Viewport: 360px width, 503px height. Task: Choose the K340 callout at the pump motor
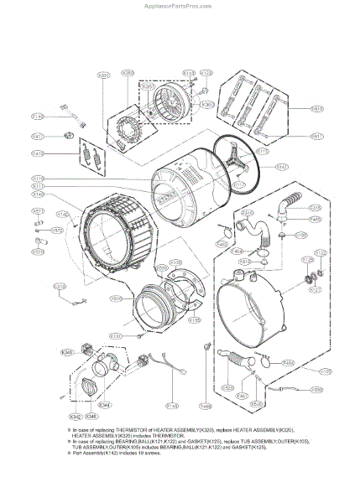[68, 350]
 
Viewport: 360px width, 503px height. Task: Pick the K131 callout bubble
[117, 335]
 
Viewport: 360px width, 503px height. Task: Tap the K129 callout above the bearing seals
[320, 251]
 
